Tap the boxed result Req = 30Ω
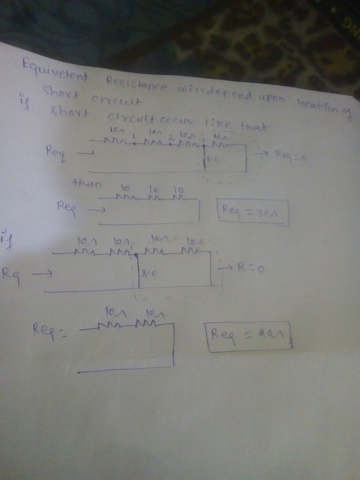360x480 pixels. [x=253, y=212]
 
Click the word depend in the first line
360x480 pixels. [x=217, y=93]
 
